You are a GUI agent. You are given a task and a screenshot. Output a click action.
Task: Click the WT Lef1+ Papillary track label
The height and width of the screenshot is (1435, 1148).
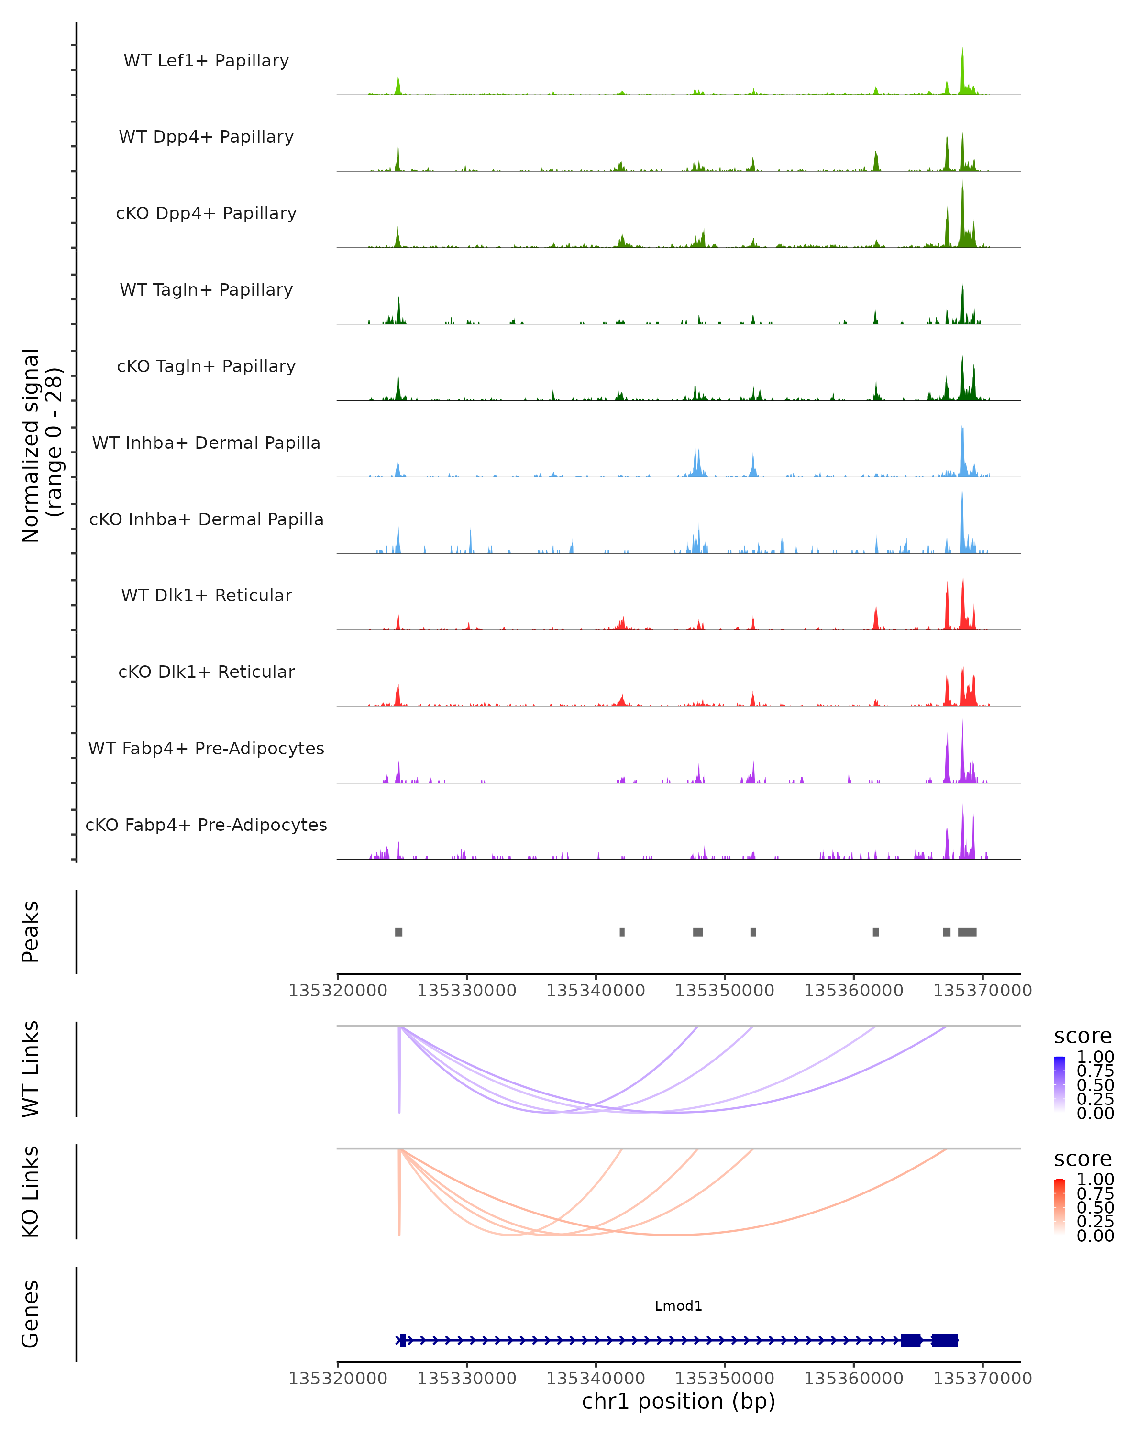[206, 61]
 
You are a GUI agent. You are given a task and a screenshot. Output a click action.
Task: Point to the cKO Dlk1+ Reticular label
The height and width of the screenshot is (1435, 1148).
[206, 672]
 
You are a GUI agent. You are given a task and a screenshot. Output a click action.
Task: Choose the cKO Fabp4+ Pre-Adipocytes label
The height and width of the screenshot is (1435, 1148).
[206, 825]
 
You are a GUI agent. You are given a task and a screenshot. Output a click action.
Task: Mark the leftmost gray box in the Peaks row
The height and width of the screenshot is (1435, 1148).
[398, 932]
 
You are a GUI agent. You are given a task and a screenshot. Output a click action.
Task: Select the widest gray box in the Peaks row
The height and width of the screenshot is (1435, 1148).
[967, 932]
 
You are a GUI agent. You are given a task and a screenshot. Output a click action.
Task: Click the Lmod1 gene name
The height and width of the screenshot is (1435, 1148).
[678, 1306]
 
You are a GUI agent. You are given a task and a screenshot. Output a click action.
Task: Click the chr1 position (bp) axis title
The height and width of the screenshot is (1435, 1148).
[678, 1401]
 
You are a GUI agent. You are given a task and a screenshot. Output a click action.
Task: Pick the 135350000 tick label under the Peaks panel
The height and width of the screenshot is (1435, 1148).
[724, 991]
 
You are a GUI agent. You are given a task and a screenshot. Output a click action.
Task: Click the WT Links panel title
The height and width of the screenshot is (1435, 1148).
[31, 1069]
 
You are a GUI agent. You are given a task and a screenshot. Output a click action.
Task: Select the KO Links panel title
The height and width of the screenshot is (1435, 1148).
[31, 1192]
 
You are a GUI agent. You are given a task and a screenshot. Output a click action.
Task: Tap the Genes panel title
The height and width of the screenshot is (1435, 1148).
[31, 1314]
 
